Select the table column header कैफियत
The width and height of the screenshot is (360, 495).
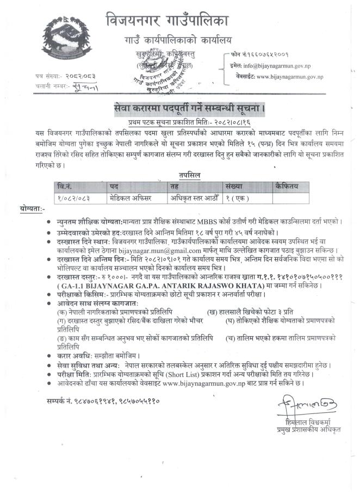(287, 186)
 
